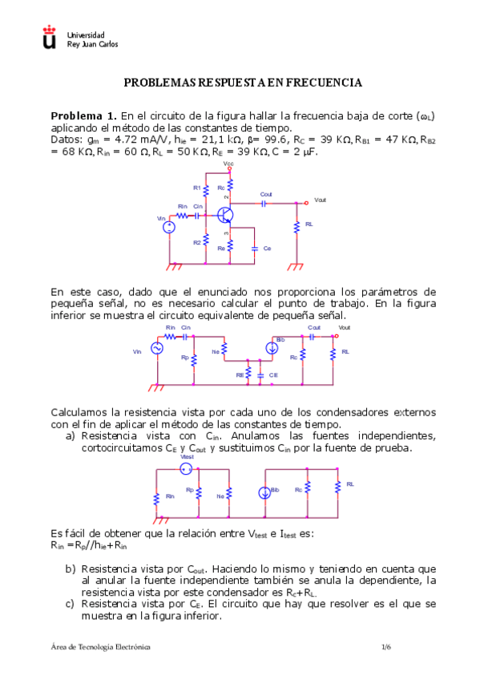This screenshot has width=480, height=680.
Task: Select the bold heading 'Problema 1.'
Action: click(83, 115)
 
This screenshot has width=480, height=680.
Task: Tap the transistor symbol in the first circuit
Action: click(227, 215)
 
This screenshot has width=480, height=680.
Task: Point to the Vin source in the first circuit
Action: click(169, 227)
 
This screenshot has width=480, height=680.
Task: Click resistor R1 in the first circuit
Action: click(206, 188)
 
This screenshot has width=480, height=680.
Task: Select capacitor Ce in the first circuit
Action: click(254, 248)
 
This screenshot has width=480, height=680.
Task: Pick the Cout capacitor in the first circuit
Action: click(266, 203)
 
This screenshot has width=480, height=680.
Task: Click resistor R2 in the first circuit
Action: click(206, 241)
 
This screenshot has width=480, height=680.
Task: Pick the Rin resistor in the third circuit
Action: click(157, 497)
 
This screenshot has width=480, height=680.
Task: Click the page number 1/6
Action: click(387, 646)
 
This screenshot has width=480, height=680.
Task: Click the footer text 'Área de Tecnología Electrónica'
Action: click(100, 646)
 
